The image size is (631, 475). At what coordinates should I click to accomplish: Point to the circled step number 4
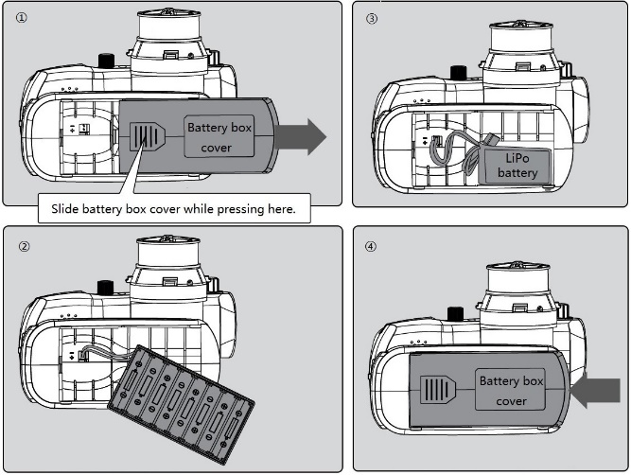(371, 247)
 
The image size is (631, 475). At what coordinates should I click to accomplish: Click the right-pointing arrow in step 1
(302, 137)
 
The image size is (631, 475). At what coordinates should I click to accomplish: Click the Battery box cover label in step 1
(219, 137)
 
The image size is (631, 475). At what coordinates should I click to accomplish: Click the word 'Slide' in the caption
(69, 208)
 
